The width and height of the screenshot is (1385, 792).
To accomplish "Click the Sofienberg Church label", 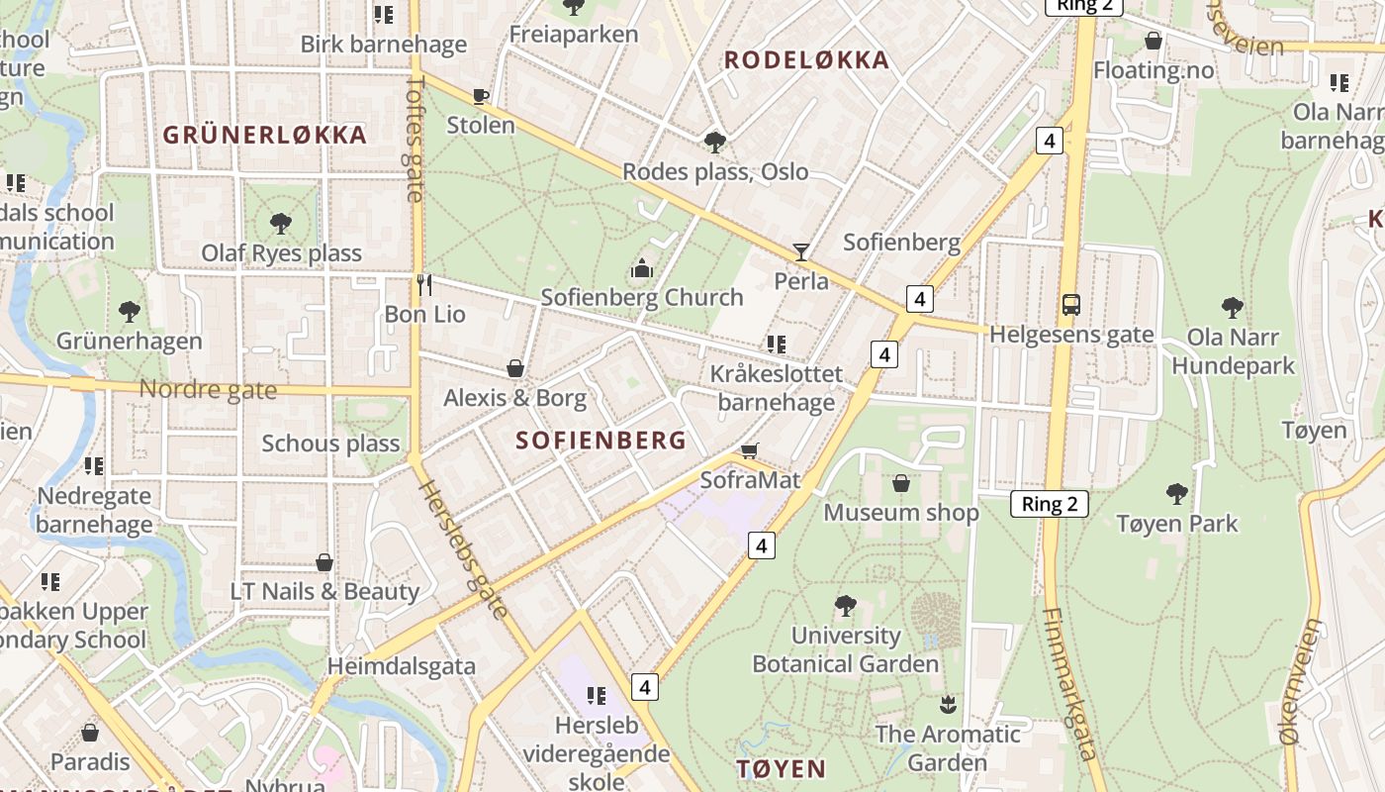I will pyautogui.click(x=642, y=297).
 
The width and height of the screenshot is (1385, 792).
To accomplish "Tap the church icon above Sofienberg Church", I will pyautogui.click(x=642, y=268).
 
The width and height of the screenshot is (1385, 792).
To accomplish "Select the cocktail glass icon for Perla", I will pyautogui.click(x=800, y=252).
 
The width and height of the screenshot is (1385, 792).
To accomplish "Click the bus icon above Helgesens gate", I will pyautogui.click(x=1071, y=304).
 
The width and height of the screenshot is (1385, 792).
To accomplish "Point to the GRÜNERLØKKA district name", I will pyautogui.click(x=265, y=135).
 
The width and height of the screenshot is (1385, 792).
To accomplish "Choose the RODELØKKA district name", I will pyautogui.click(x=806, y=60).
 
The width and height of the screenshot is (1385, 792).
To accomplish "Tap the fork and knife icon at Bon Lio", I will pyautogui.click(x=424, y=285).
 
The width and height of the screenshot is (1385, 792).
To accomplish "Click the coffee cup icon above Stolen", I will pyautogui.click(x=481, y=96).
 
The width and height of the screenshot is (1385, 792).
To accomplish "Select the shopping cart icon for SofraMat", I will pyautogui.click(x=750, y=451).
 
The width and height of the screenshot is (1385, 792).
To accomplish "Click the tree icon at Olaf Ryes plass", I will pyautogui.click(x=281, y=223).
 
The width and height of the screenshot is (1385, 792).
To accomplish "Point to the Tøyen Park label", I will pyautogui.click(x=1176, y=523).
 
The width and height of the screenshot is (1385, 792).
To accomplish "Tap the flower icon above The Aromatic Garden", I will pyautogui.click(x=948, y=705).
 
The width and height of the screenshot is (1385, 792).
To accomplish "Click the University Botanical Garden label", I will pyautogui.click(x=846, y=649).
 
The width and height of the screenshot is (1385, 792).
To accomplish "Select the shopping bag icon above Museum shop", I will pyautogui.click(x=901, y=483).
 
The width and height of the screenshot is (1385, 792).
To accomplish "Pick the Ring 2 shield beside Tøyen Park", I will pyautogui.click(x=1049, y=504).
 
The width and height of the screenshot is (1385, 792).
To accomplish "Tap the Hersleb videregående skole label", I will pyautogui.click(x=599, y=753).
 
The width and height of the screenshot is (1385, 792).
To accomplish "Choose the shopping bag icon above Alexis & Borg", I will pyautogui.click(x=515, y=369).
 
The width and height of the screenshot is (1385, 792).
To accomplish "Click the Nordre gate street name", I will pyautogui.click(x=208, y=389).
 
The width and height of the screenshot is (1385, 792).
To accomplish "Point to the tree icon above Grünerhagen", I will pyautogui.click(x=130, y=312).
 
